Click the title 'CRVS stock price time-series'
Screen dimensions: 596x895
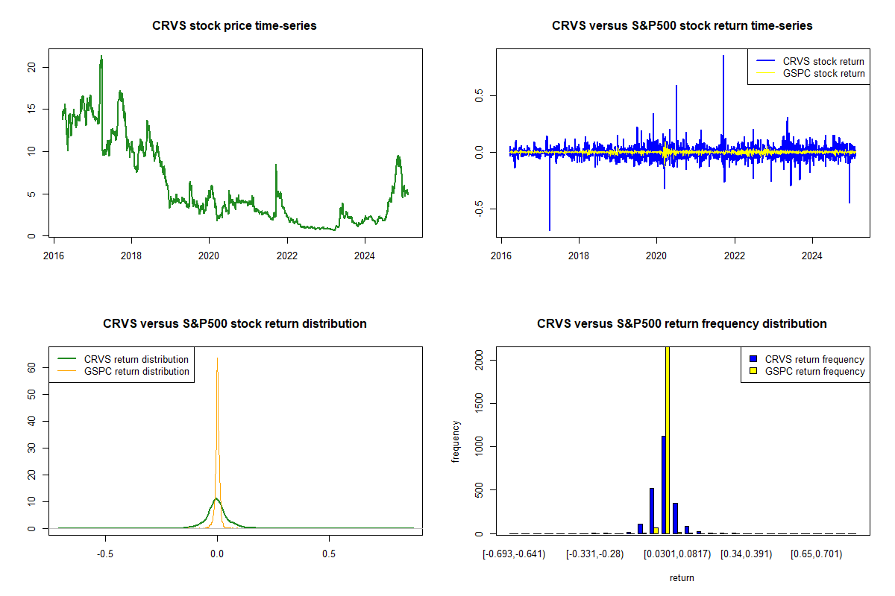coord(234,26)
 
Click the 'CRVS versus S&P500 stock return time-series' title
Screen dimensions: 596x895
coord(682,26)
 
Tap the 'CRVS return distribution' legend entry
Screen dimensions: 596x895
coord(136,359)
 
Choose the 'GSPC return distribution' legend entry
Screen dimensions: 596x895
coord(136,371)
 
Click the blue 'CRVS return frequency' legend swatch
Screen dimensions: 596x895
coord(753,359)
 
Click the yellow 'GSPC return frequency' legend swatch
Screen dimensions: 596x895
coord(753,371)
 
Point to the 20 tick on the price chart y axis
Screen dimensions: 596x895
coord(31,67)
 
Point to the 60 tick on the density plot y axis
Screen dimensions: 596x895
coord(31,367)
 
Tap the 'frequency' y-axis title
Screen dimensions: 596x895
coord(456,441)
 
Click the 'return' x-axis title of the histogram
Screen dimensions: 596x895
coord(682,577)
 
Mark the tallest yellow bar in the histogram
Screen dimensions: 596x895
coord(668,440)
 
